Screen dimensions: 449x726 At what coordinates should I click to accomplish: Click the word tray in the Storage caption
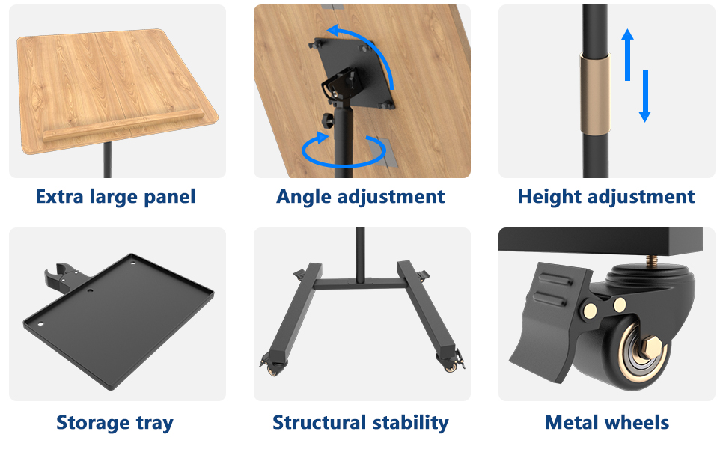154,423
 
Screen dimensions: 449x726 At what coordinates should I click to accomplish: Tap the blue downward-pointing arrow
644,97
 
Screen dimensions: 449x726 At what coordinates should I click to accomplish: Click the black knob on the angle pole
327,120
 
